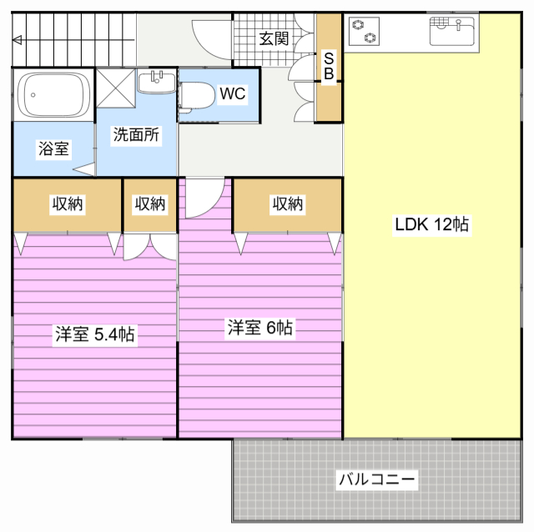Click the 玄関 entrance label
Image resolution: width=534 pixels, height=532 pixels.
pos(274,38)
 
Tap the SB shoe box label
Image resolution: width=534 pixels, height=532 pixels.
pos(329,67)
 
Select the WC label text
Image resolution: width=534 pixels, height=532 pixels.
pos(233,93)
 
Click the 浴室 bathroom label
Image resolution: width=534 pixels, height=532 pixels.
pos(54,149)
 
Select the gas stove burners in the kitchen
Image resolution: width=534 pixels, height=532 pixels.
pos(365,33)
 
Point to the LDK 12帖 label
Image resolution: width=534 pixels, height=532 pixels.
pos(431,225)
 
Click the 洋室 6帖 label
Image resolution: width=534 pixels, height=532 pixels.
pos(259,328)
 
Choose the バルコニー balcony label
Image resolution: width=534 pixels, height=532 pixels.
pos(377,480)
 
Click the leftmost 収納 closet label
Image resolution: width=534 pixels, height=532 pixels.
pos(67,203)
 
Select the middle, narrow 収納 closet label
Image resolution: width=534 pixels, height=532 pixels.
pos(150,203)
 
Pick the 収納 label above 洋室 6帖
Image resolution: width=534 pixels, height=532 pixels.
pos(287,203)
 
